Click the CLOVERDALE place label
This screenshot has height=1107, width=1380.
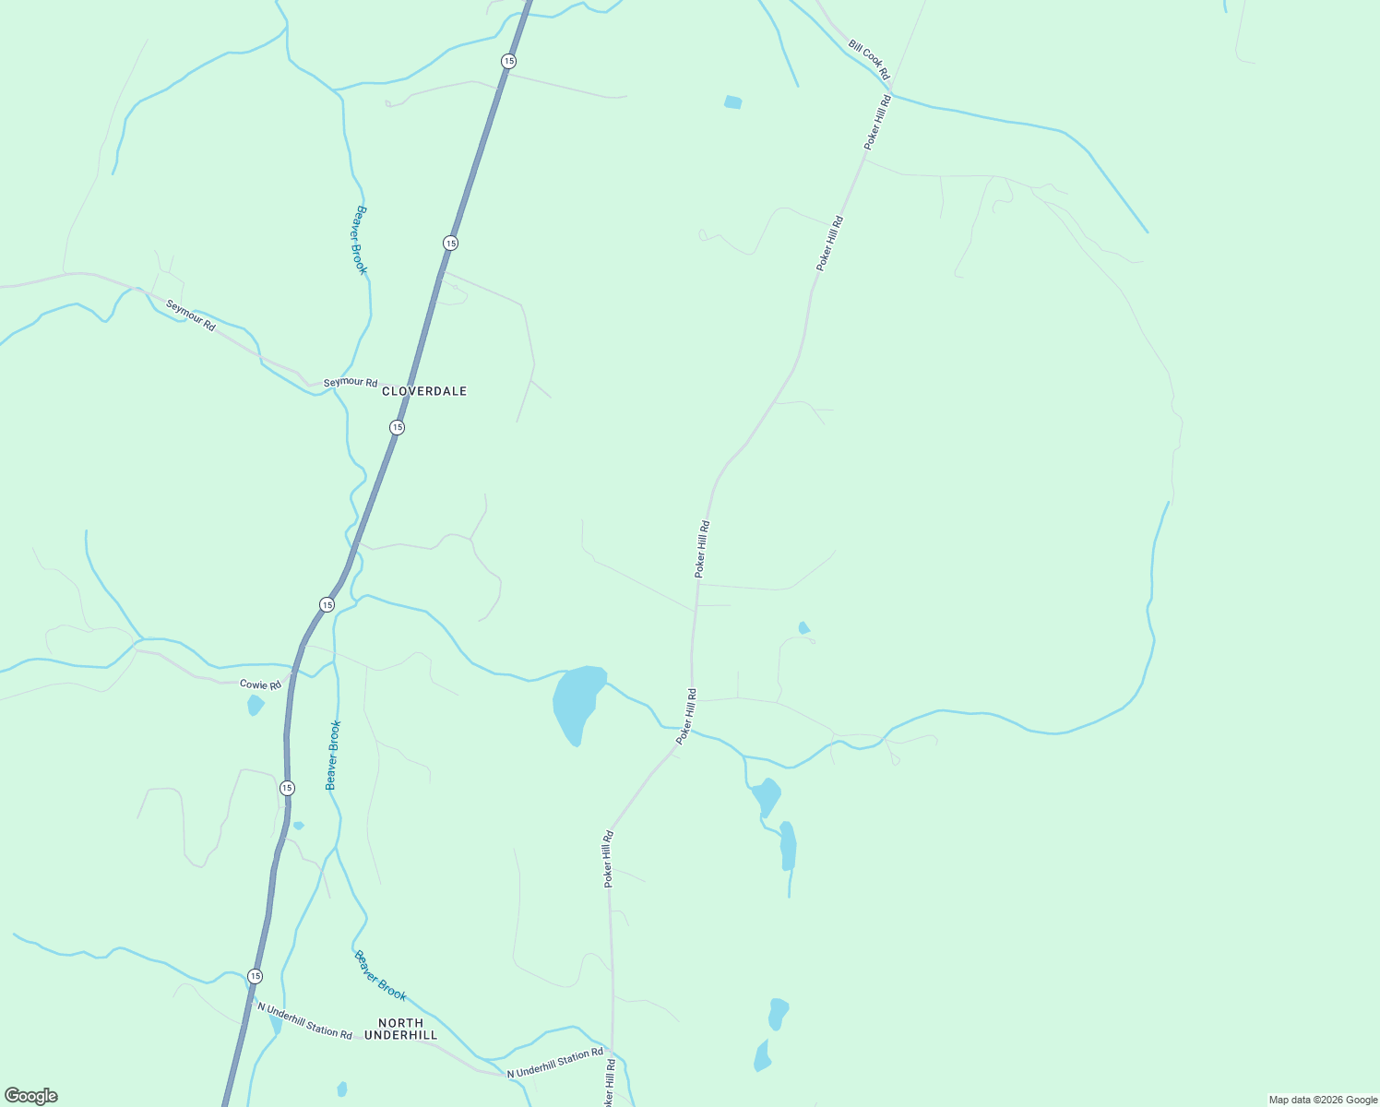424,391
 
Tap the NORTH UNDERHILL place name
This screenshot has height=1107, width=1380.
401,1030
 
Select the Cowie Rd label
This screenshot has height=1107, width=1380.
260,684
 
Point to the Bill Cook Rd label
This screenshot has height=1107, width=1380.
869,60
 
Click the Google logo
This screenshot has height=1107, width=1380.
31,1096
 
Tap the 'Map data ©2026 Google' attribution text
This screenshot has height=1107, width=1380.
1323,1100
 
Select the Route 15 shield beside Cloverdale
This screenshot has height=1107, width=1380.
397,427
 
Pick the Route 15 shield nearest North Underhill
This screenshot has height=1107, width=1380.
256,976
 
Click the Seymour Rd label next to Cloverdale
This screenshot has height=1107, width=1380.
351,383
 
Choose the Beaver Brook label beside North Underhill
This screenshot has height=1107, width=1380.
380,976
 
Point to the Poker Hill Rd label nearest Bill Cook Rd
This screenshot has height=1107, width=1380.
877,122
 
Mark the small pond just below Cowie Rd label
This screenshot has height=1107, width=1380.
256,706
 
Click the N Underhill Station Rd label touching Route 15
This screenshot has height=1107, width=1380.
304,1020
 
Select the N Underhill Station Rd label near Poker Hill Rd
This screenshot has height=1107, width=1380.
555,1063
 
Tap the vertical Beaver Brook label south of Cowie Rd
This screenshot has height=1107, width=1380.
333,755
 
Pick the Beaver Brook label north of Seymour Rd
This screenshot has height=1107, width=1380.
360,240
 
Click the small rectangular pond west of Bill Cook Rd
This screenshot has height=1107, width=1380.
733,102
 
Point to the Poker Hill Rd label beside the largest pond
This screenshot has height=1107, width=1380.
686,716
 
